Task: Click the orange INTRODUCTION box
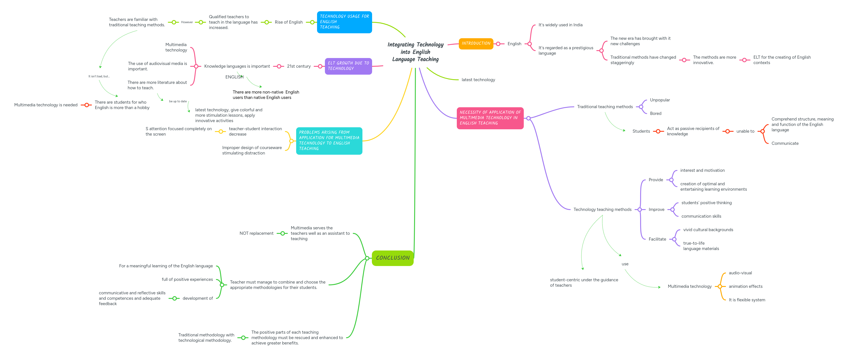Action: pos(476,43)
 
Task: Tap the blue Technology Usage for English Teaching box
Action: pos(344,22)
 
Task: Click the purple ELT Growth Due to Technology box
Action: pos(348,66)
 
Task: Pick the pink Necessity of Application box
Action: pos(490,118)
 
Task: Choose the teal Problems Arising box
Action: pos(329,141)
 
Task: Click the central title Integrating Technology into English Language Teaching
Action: pos(415,52)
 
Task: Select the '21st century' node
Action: pos(299,66)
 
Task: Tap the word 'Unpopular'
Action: pos(660,100)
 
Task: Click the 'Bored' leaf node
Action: pos(655,114)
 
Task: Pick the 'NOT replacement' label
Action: pos(256,233)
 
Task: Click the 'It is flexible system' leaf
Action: pos(747,300)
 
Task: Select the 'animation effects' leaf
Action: pos(745,286)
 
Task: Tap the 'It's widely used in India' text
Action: pos(560,25)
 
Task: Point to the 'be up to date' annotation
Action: pos(178,101)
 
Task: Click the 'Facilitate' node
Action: pos(657,239)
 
